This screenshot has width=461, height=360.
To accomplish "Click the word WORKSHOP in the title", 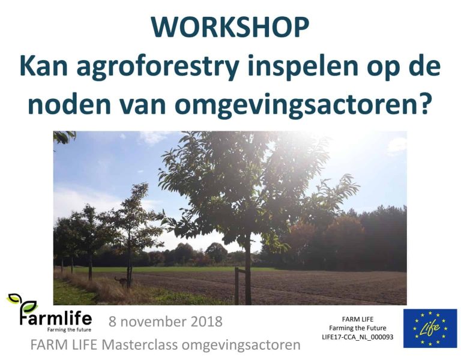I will click(230, 28).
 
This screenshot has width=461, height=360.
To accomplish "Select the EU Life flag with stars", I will click(430, 328).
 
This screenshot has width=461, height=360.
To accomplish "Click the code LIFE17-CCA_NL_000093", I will click(357, 338).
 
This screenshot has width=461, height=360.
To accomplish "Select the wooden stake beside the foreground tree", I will click(237, 285).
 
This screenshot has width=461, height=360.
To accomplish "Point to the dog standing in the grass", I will click(122, 280).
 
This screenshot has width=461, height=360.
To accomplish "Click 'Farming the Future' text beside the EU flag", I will click(357, 328).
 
